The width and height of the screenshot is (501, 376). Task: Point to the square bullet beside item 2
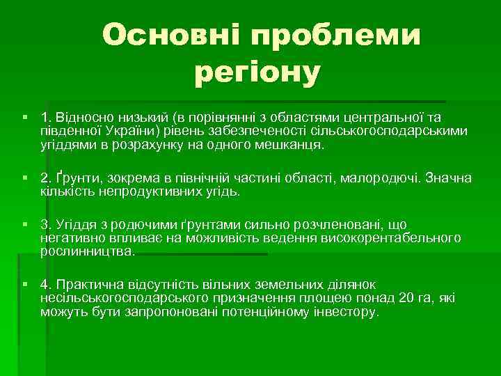coord(24,177)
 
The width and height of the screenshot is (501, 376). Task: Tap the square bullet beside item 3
coord(24,224)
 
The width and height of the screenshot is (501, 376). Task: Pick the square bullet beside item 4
coord(24,284)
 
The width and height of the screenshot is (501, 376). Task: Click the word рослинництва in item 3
coord(88,251)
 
